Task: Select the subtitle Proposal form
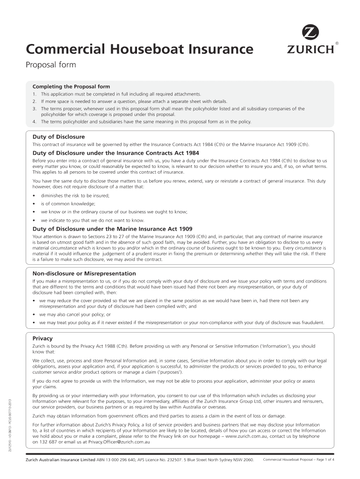(50, 65)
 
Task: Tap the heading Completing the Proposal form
(71, 87)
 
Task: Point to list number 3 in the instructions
(35, 109)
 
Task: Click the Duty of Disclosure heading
(58, 137)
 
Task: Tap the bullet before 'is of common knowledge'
(34, 203)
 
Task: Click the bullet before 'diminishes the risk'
(34, 195)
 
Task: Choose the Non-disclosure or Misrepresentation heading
(84, 273)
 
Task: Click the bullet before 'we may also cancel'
(34, 314)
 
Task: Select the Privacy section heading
(42, 338)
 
